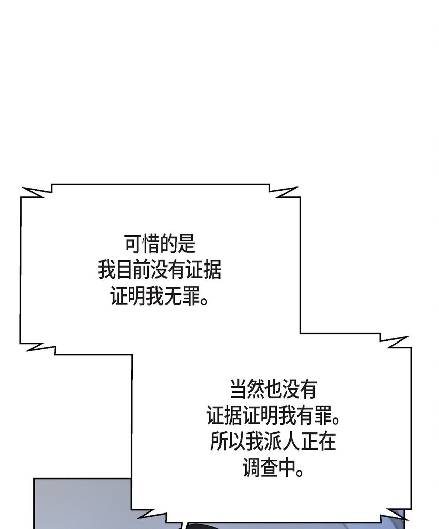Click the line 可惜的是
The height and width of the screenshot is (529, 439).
click(x=160, y=244)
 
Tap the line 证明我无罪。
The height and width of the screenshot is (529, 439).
click(x=160, y=297)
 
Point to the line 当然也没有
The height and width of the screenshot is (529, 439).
click(x=273, y=390)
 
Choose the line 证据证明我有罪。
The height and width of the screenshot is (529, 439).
click(x=273, y=416)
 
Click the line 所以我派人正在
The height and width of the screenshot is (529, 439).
click(x=273, y=442)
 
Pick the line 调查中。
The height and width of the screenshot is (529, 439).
click(x=273, y=469)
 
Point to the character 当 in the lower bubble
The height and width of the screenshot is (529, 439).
click(x=238, y=390)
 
